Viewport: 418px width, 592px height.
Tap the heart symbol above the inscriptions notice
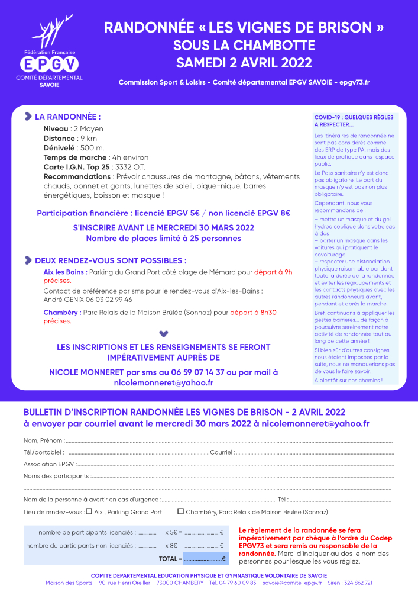point(164,334)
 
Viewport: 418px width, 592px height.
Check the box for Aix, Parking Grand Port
point(89,511)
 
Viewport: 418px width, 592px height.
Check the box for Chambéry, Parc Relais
point(180,511)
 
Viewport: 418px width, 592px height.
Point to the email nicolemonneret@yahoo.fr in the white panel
point(163,383)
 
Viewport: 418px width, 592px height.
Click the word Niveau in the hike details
point(56,128)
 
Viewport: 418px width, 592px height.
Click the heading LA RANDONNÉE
point(67,117)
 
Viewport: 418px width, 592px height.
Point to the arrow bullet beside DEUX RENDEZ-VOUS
point(28,260)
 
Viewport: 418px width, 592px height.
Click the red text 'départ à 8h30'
point(254,312)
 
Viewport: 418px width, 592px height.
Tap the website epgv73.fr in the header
point(354,82)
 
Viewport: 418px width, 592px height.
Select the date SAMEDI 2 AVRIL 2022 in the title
point(244,62)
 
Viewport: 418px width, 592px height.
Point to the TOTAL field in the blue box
point(204,558)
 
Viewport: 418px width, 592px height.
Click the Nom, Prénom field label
point(43,440)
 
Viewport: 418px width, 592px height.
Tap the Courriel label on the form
point(222,452)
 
